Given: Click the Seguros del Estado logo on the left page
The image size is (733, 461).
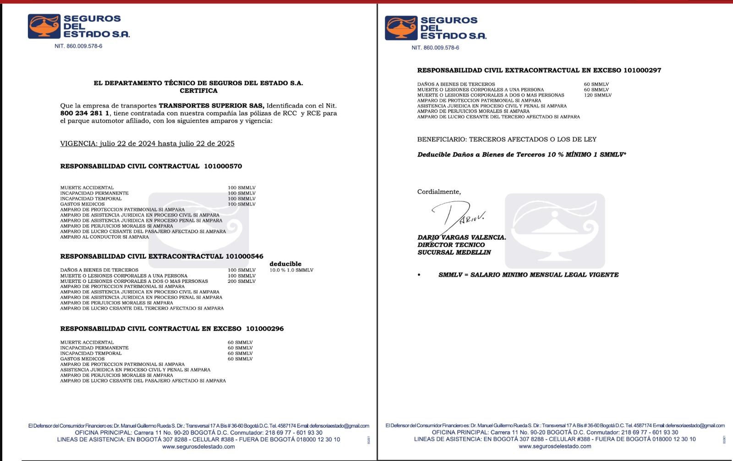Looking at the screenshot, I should tap(78, 26).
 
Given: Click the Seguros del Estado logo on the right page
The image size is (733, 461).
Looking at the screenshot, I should tap(435, 28).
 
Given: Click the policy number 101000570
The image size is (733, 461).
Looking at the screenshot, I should tap(223, 166).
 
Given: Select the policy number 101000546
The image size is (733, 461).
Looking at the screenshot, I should tap(244, 256).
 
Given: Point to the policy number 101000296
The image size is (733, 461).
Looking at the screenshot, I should tap(265, 329).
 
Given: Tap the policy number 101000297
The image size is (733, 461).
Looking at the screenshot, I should tap(642, 71).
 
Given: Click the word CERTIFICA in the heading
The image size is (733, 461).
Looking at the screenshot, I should tap(198, 91).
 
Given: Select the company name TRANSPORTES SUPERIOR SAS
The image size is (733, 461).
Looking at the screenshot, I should tap(211, 106).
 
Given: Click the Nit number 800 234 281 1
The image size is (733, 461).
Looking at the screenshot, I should tap(85, 113).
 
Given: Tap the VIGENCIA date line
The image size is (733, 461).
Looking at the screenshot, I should tap(147, 144).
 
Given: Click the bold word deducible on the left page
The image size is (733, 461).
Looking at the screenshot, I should tap(285, 264).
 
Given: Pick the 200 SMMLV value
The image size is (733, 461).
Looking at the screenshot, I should tap(241, 281).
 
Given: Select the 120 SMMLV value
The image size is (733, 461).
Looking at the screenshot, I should tap(597, 95).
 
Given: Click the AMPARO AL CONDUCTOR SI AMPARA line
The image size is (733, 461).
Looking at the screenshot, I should tap(104, 237).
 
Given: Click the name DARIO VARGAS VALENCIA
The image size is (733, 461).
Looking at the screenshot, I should tap(461, 238).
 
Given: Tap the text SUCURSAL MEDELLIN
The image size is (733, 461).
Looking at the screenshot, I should tap(454, 252).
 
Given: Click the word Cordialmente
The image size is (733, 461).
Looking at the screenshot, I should tap(439, 192).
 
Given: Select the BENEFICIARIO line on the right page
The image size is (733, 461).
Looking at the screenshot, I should tap(507, 139).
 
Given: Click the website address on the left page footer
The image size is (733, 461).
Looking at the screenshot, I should tap(198, 447).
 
